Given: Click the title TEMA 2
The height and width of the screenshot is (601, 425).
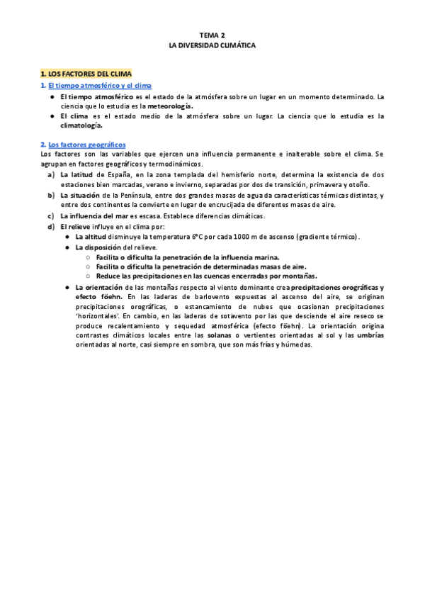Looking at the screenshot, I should [212, 33].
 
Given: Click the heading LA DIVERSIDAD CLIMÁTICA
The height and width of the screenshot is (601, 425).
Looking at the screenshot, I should [212, 44].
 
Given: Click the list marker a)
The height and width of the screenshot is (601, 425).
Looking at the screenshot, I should [50, 174].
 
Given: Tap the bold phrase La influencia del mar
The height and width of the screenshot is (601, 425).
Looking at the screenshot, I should [94, 215].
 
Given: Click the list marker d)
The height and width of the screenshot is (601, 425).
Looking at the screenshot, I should [50, 226].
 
